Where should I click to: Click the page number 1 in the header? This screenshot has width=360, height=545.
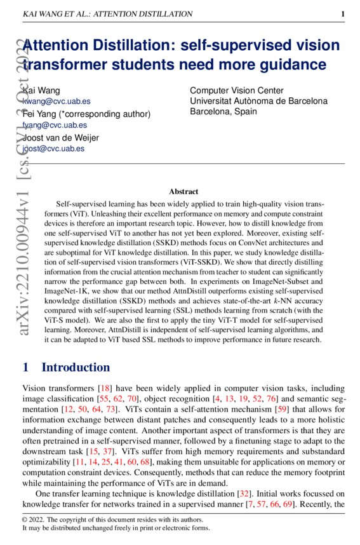[x=342, y=14]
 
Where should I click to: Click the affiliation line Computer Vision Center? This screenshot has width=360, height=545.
[x=236, y=91]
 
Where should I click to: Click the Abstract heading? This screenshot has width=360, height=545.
[x=183, y=191]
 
